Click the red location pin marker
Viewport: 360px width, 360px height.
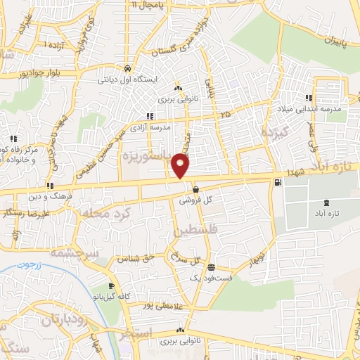[181, 166]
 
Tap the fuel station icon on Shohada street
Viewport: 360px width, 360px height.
[280, 183]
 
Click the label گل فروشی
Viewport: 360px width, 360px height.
[198, 200]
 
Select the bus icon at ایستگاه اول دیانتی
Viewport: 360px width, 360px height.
[127, 69]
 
